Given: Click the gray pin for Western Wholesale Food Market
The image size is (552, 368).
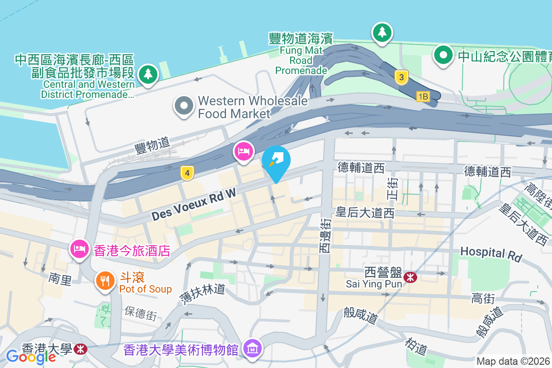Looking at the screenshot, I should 184,105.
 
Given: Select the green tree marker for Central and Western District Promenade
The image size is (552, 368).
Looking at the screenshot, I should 148,74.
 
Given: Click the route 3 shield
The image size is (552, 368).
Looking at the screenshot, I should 402,78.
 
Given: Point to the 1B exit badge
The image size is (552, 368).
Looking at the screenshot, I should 423,97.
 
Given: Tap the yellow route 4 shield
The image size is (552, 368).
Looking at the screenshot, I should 186,173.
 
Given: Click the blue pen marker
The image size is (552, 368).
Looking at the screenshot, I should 276,162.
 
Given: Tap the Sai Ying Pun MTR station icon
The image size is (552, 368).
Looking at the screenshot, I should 409,277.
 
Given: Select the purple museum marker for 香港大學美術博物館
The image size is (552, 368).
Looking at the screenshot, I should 253,349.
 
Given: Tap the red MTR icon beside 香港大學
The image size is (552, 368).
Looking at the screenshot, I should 80,349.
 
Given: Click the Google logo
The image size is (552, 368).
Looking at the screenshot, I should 31,356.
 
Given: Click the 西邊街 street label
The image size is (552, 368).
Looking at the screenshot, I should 325,236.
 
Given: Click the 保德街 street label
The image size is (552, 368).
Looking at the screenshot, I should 141,313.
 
